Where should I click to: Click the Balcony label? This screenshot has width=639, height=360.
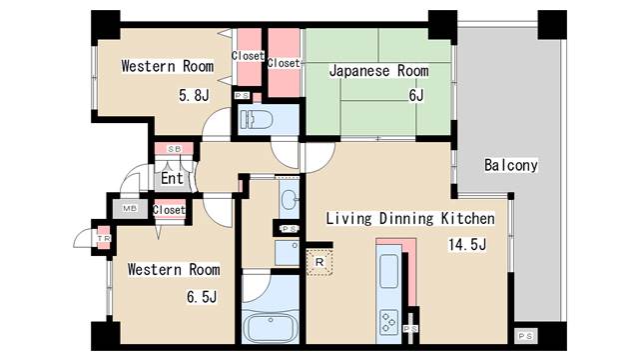[x=510, y=165]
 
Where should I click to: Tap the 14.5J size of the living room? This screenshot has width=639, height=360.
[x=467, y=244]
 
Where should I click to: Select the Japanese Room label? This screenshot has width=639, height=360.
[x=379, y=71]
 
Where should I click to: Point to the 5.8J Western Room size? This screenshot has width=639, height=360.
[x=194, y=95]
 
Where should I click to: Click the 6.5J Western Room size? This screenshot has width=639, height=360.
[x=202, y=297]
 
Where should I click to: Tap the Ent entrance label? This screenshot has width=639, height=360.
[x=172, y=178]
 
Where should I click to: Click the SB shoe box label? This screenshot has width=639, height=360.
[x=175, y=149]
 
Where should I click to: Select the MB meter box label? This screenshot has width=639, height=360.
[x=130, y=208]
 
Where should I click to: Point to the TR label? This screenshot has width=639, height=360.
[x=104, y=238]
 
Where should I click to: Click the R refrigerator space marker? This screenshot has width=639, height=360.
[x=319, y=262]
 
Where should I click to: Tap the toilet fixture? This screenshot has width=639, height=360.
[x=257, y=120]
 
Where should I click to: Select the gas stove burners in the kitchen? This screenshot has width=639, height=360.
[x=388, y=322]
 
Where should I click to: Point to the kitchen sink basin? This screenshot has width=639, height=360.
[x=388, y=271]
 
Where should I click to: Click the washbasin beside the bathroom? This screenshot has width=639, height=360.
[x=289, y=200]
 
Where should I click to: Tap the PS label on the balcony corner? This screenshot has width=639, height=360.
[x=525, y=336]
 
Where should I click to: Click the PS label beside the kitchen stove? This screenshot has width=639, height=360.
[x=410, y=329]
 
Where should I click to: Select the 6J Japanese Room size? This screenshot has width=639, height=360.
[x=416, y=96]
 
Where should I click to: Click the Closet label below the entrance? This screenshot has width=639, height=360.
[x=169, y=210]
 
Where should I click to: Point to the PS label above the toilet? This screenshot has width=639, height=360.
[x=242, y=96]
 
